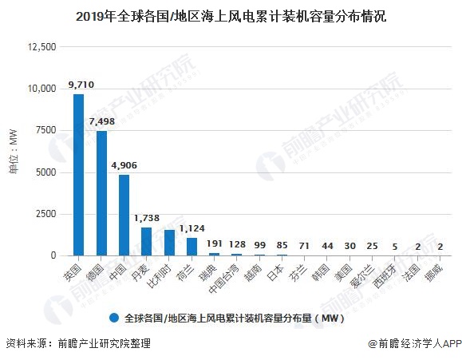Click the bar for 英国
coord(78,175)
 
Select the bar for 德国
coord(101,193)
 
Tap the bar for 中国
coord(124,215)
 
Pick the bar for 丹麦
coord(146,241)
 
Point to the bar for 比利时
coord(169,243)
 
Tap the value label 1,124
coord(192,227)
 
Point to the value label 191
coord(214,243)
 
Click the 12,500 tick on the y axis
coord(41,47)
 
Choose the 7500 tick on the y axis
coord(45,130)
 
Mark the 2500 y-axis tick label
coord(45,214)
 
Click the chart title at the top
coord(231,15)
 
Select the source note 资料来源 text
coord(78,343)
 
